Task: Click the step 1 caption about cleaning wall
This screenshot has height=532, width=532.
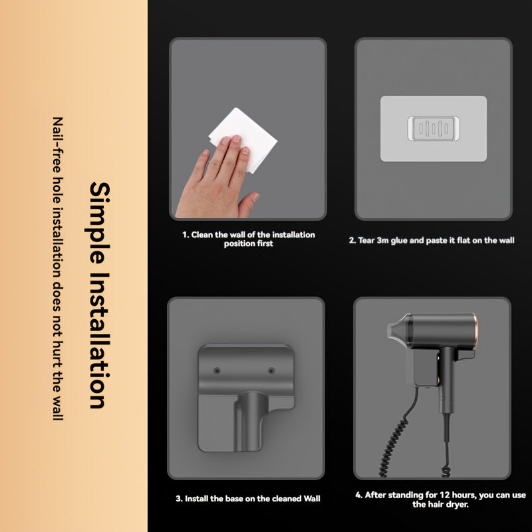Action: pyautogui.click(x=249, y=239)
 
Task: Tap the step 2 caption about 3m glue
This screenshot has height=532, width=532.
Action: pyautogui.click(x=432, y=240)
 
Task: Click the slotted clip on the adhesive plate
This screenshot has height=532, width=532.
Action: pyautogui.click(x=433, y=128)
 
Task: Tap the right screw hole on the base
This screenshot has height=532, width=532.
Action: pyautogui.click(x=271, y=370)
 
